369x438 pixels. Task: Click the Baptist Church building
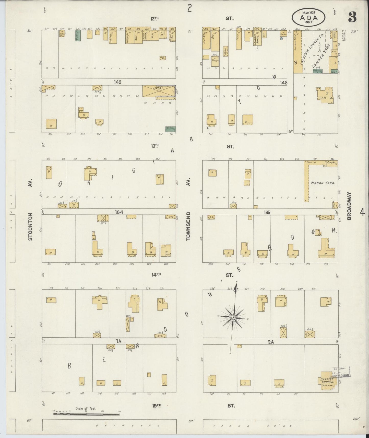(327, 381)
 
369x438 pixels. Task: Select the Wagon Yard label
(323, 183)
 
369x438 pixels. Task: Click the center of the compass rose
(233, 317)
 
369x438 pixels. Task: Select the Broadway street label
(349, 206)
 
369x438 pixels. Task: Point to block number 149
(118, 82)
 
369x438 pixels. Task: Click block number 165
(267, 212)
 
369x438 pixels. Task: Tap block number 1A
(118, 341)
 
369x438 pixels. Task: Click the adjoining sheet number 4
(362, 212)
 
